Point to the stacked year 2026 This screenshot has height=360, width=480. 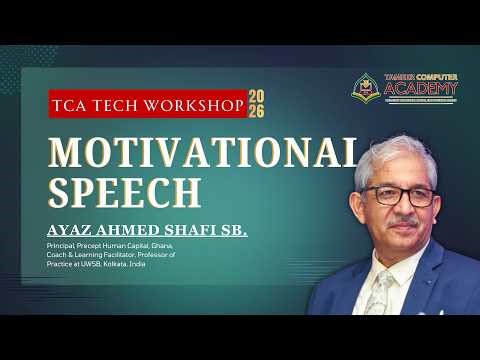[x=256, y=103]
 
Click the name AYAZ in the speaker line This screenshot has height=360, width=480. [x=69, y=231]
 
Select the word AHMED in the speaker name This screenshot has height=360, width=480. [x=122, y=231]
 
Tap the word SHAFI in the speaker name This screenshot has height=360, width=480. [x=180, y=231]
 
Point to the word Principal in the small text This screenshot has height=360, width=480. [x=62, y=245]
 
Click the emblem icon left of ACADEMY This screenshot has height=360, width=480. [x=368, y=87]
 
